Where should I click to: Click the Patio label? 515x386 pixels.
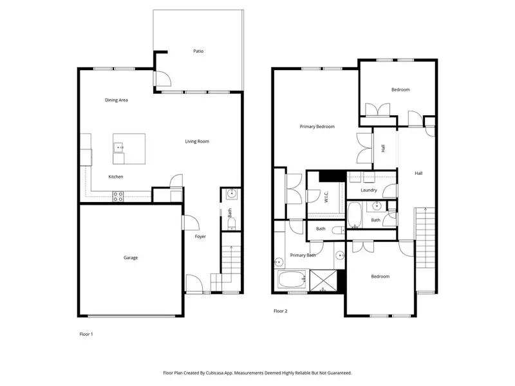coord(198,51)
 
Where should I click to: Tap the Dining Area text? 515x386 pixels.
coord(117,100)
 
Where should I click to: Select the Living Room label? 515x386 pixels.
coord(197,142)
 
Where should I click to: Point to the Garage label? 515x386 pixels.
coord(131,258)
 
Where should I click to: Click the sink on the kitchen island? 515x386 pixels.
coord(119,147)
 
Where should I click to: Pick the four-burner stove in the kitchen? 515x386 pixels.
coord(118,196)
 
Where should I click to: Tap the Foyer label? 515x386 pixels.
coord(201,237)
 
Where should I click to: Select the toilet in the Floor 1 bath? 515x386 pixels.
coord(232,223)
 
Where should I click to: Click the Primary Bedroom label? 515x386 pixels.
coord(317,127)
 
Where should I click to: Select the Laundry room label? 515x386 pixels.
coord(369,190)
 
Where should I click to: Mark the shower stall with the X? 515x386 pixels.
coord(324,281)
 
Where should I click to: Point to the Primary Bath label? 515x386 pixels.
coord(302,255)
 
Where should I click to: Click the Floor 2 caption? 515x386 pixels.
coord(280,311)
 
